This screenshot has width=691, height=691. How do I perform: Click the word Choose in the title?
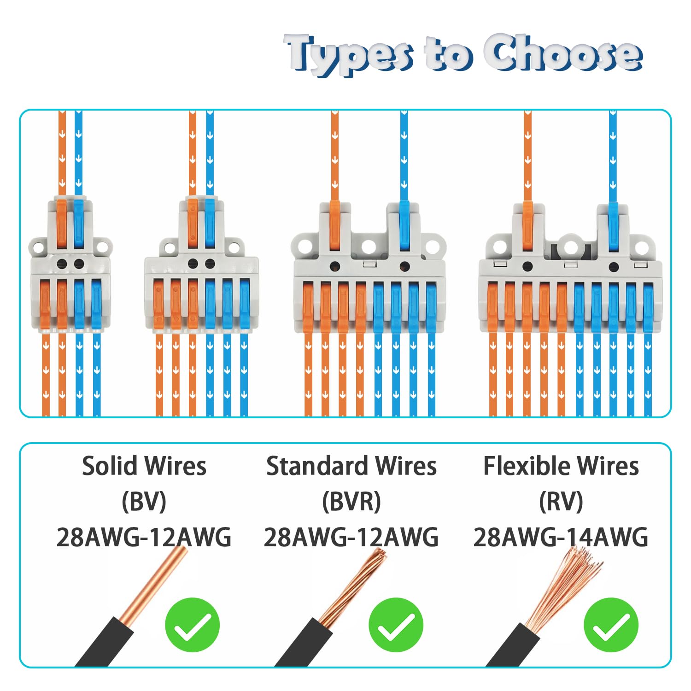(x=563, y=53)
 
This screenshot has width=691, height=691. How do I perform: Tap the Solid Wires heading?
(x=144, y=466)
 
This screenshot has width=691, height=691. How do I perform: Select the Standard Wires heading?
(x=351, y=466)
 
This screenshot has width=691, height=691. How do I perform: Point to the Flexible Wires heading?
(x=561, y=466)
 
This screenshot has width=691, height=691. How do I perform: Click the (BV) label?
(x=144, y=501)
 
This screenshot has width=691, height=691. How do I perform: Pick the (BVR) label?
(x=351, y=501)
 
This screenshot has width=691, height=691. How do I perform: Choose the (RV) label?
(x=561, y=501)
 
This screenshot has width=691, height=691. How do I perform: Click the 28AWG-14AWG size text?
(x=561, y=537)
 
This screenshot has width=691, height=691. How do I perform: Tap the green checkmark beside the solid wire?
(x=193, y=625)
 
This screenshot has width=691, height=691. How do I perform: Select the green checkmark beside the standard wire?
(x=396, y=625)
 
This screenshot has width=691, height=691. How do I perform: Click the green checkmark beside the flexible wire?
(x=611, y=625)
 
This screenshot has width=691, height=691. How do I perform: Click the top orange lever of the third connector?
(x=335, y=226)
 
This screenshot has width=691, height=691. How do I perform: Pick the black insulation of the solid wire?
(x=104, y=642)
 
